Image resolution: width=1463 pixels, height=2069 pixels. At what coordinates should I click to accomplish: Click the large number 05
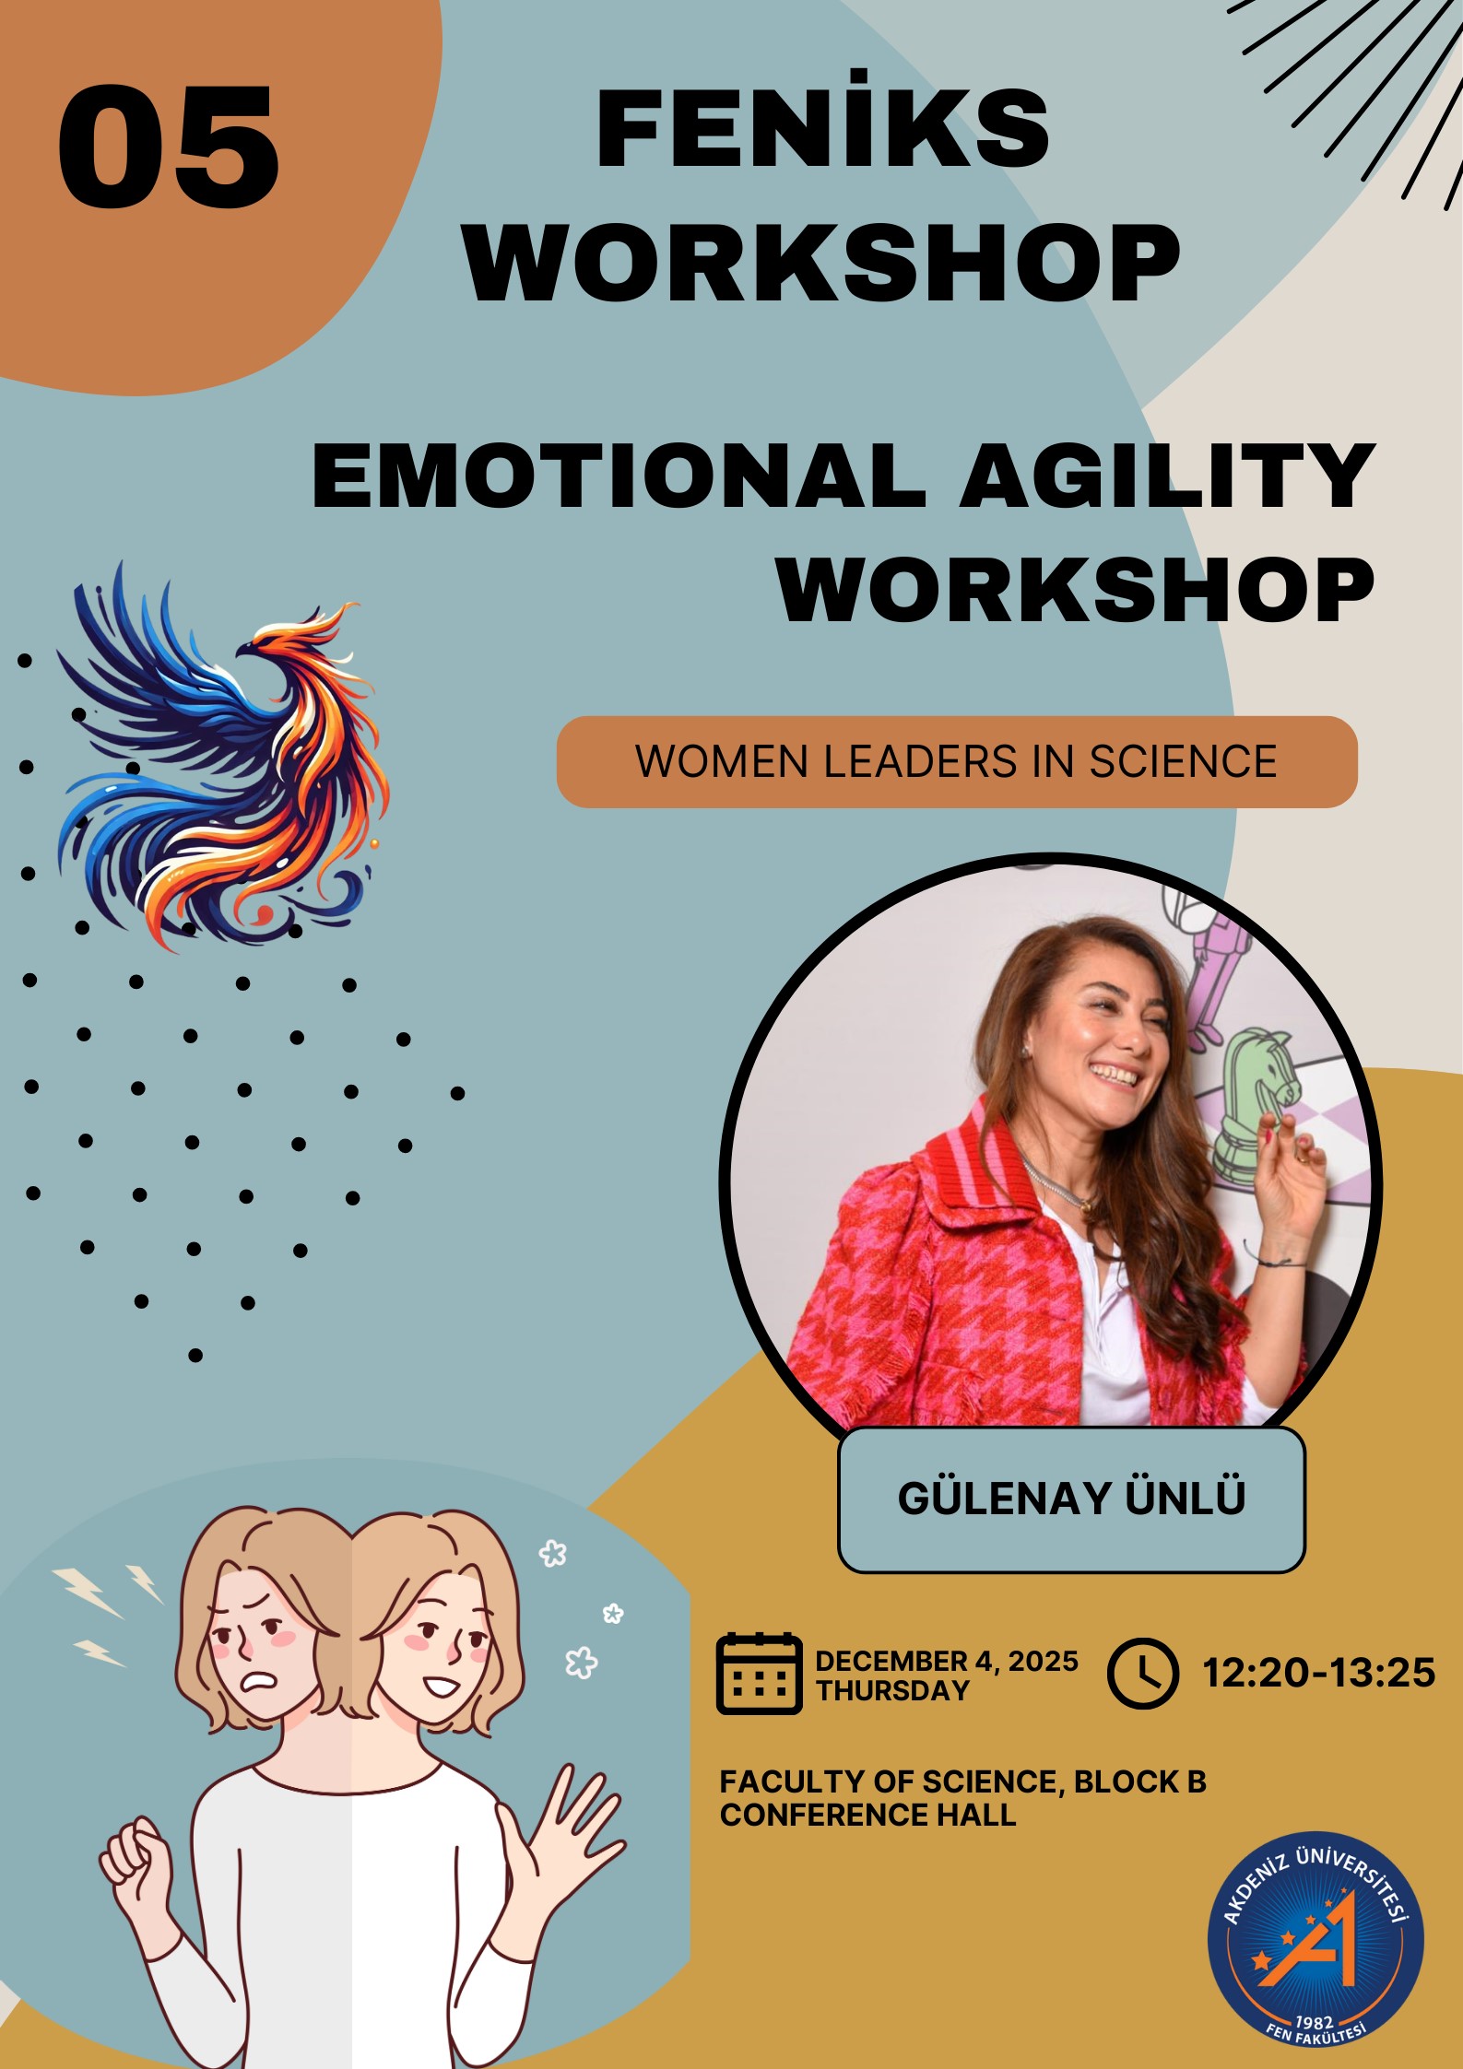coord(169,147)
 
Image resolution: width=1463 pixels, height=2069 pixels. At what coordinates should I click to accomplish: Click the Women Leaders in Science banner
coord(957,761)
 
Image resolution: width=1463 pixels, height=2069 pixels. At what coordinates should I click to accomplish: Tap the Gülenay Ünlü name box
coord(1071,1499)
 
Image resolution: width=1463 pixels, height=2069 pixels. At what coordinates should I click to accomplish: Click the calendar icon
coord(759,1673)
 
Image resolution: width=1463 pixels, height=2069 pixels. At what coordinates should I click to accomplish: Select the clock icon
coord(1142,1673)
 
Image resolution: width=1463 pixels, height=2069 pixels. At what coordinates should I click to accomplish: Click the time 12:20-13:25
coord(1319,1673)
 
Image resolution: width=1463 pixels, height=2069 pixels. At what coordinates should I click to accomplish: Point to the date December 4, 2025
coord(947,1661)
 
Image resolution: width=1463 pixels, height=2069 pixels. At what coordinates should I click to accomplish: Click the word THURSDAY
coord(892,1691)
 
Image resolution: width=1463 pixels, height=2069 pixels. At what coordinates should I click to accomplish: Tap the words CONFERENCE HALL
coord(867,1815)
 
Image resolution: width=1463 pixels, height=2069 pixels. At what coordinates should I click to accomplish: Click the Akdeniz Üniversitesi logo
coord(1316,1938)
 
